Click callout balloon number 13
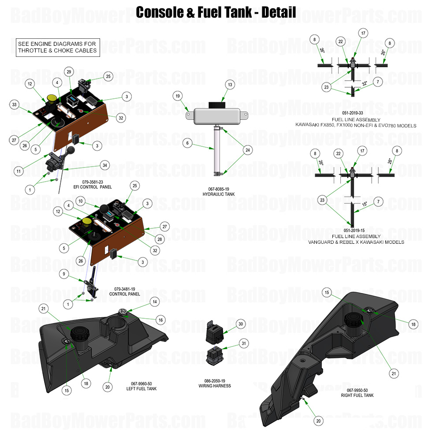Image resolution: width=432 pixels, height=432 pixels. coord(229,84)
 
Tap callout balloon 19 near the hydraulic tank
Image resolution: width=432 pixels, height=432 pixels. coord(177,96)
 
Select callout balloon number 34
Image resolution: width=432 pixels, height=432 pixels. coord(104,165)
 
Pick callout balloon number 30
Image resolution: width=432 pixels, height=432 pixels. coord(240,324)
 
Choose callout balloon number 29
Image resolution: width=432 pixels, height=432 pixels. coord(68,71)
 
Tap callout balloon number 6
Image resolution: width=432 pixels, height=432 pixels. coord(187,143)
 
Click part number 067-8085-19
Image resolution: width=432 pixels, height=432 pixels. coord(219,189)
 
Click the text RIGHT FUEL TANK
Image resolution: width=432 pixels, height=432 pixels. coord(357,395)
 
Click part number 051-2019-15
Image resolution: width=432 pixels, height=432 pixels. coord(357,231)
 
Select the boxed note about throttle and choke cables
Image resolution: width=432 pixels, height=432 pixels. coord(57,47)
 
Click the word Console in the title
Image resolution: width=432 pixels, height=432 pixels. coord(159,12)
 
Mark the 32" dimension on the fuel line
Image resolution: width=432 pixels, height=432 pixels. coord(365,83)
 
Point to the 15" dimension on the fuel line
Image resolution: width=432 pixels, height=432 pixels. coord(365,204)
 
